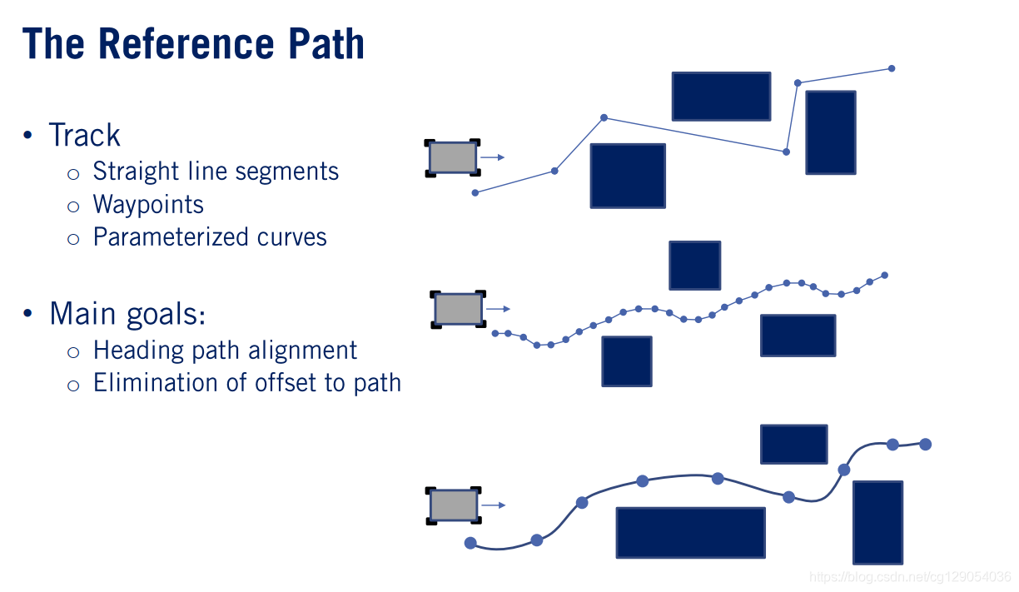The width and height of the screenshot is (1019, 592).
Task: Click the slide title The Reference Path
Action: point(193,43)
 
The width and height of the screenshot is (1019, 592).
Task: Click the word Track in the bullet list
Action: point(84,136)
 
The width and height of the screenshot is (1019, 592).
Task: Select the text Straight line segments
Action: point(216,172)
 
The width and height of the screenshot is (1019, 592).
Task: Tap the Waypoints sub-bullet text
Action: point(148,205)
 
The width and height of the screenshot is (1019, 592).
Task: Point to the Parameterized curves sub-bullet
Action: point(210,237)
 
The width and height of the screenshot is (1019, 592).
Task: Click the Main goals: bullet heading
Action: point(127,314)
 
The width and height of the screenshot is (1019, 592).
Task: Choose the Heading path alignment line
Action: point(225,351)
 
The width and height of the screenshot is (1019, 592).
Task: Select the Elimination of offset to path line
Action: point(247,383)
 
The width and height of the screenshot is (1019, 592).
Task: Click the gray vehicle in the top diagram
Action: point(453,157)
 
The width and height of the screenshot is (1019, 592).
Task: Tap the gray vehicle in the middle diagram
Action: point(458,309)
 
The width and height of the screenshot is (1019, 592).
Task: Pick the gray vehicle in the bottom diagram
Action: point(454,505)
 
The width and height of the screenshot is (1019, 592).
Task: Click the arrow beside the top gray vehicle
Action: point(494,157)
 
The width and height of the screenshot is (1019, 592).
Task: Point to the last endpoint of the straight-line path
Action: point(892,68)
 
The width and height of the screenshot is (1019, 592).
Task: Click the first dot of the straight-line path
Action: point(475,192)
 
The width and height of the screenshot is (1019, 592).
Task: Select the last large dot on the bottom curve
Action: point(925,444)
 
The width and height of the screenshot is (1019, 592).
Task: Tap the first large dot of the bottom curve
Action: point(470,544)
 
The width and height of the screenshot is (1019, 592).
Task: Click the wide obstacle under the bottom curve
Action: point(690,533)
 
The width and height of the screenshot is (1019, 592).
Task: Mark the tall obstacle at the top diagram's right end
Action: point(830,132)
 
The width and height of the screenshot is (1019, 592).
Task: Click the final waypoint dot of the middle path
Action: point(884,275)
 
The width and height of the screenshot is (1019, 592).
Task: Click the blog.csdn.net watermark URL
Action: point(910,576)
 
